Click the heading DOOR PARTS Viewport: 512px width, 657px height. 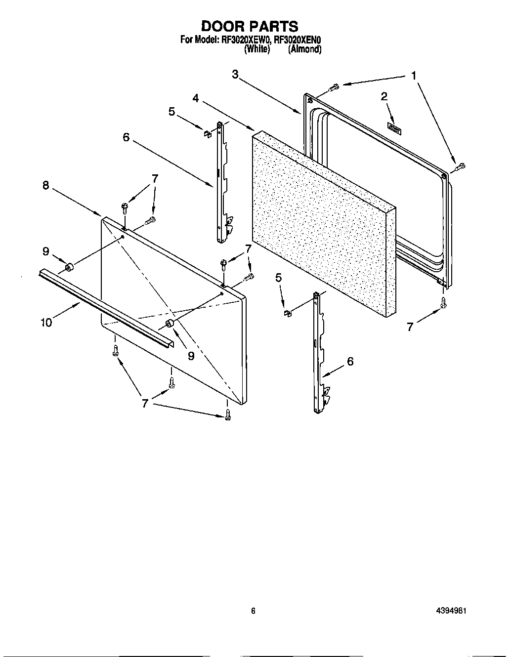click(250, 26)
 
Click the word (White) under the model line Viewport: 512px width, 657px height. click(257, 49)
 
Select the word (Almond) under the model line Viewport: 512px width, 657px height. click(305, 49)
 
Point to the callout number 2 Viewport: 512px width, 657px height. click(384, 96)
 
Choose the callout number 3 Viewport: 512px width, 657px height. click(235, 74)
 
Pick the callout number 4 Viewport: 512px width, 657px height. click(196, 98)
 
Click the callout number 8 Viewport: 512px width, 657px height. click(45, 185)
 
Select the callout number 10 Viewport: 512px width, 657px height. click(45, 323)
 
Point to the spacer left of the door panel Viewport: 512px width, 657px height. click(69, 268)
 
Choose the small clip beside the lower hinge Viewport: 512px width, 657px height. click(286, 312)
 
